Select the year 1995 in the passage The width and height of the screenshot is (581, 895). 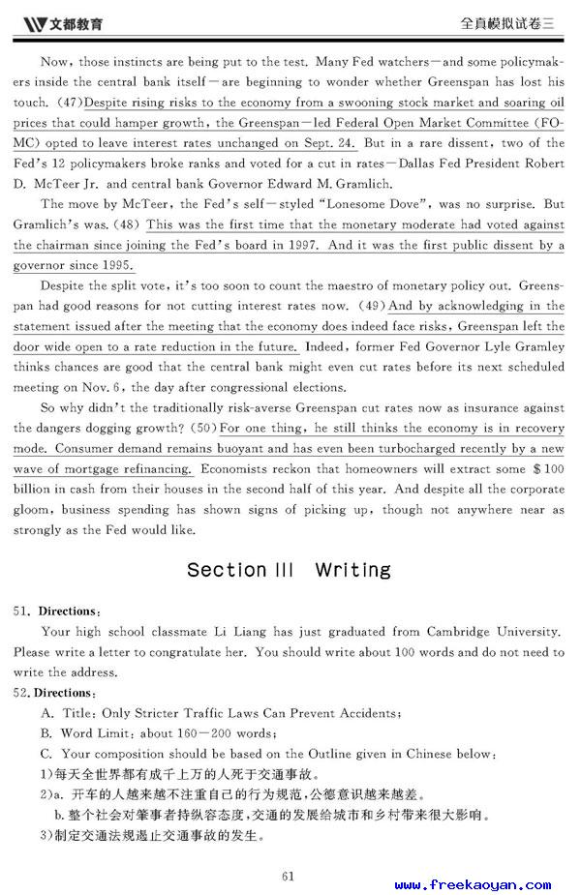tap(115, 265)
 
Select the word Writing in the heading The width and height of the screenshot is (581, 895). tap(353, 570)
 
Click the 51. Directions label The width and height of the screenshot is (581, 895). tap(57, 612)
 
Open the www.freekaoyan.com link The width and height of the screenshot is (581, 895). tap(473, 884)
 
